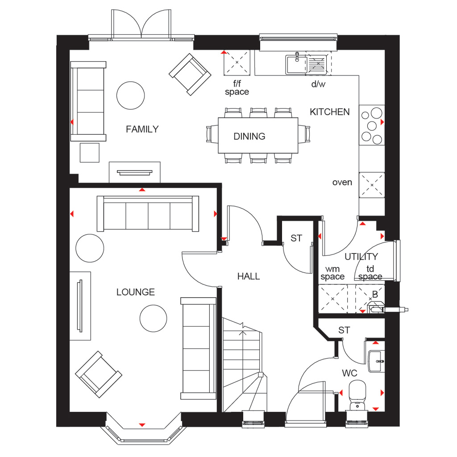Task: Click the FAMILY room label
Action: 142,129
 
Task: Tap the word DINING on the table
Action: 249,137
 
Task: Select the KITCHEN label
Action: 330,112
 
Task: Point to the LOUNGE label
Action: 136,292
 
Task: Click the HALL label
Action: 248,276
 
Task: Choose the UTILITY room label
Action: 361,257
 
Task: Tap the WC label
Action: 349,373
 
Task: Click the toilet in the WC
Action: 357,395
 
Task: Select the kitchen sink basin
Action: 296,64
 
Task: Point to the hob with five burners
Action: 372,125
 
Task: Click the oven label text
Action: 342,183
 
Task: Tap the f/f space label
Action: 237,88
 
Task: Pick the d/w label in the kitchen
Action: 318,84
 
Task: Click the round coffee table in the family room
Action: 131,96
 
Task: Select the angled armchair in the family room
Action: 190,75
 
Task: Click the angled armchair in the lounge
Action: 99,374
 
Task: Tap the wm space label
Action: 332,273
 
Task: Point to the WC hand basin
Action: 376,361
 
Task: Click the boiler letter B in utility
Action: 375,295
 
